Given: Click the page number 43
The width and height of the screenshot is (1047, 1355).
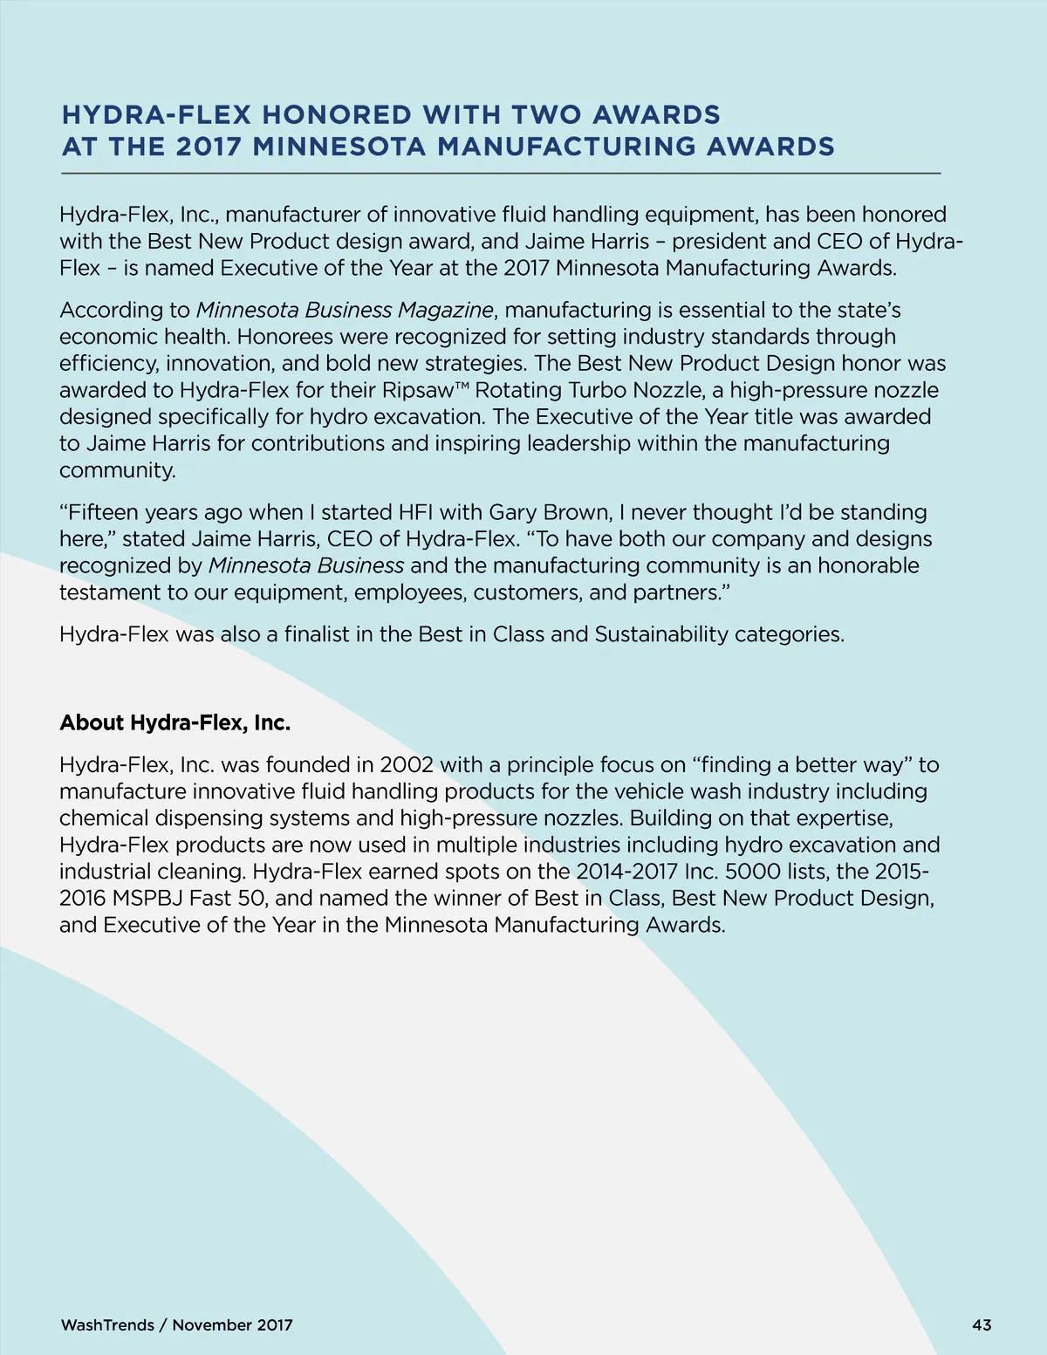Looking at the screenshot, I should click(x=982, y=1324).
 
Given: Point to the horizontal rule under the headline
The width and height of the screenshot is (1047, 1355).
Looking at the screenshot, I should click(x=501, y=174).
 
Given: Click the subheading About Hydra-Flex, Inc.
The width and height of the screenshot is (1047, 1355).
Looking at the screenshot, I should click(x=174, y=722).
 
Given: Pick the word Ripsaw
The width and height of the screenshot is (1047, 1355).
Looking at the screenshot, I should click(x=417, y=390).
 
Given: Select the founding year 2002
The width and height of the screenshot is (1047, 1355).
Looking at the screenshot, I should click(x=407, y=765).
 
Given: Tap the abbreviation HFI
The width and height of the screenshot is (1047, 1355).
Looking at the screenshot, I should click(x=415, y=512).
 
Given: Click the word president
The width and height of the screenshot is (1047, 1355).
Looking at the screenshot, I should click(x=722, y=241).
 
